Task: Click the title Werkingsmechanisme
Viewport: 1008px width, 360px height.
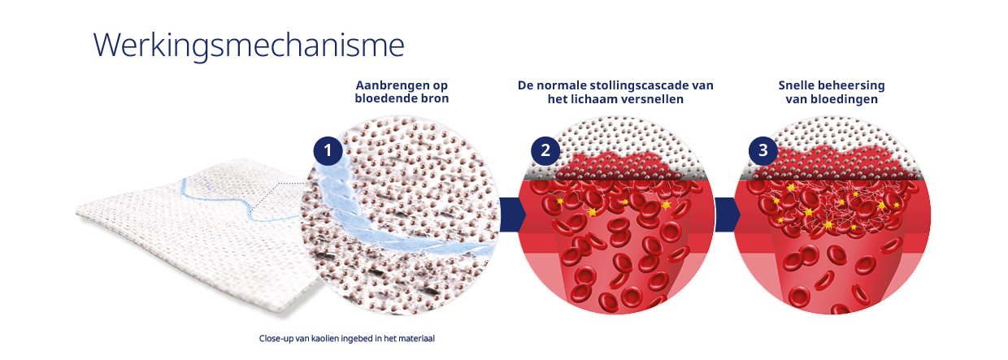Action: [249, 45]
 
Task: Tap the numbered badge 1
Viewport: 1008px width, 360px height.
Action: [327, 150]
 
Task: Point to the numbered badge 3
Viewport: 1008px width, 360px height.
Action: [763, 150]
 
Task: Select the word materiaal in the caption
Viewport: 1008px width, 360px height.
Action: [417, 338]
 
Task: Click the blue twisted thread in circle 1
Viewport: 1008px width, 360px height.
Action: [382, 223]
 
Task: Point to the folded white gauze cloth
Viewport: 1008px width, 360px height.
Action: [187, 244]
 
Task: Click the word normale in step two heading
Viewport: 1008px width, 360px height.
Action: [563, 85]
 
